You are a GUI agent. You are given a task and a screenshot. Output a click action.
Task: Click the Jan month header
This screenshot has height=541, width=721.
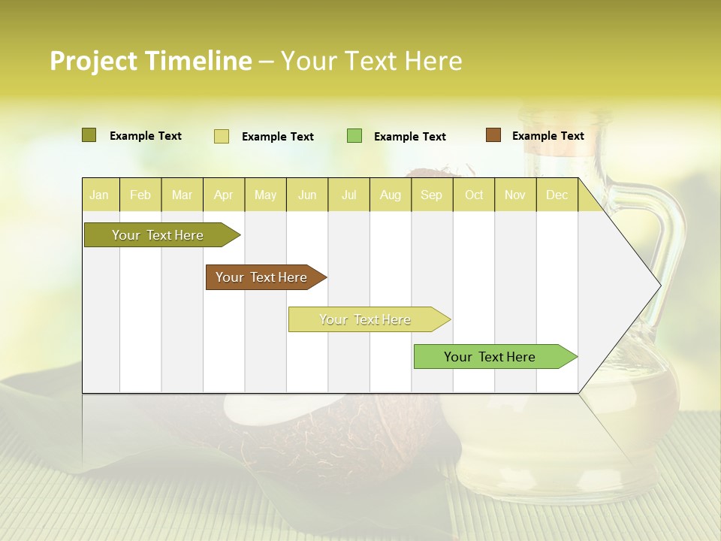click(x=99, y=195)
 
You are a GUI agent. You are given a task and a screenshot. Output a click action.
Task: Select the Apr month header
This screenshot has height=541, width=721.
click(x=224, y=195)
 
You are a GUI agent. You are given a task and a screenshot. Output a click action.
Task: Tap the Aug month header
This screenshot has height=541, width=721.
click(x=391, y=195)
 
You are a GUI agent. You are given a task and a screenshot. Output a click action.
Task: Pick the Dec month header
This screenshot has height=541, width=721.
click(x=557, y=195)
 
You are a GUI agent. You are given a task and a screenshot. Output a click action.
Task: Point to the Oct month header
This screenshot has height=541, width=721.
click(x=474, y=195)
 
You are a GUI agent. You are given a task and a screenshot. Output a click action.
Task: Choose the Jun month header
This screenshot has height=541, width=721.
click(x=307, y=195)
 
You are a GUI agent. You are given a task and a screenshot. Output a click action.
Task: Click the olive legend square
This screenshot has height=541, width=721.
click(x=89, y=135)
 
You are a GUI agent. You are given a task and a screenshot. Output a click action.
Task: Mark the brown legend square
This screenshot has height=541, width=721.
click(x=493, y=135)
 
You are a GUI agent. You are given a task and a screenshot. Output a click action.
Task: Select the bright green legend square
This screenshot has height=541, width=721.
click(x=354, y=135)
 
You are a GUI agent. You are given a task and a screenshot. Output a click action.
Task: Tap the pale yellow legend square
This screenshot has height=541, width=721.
click(x=222, y=136)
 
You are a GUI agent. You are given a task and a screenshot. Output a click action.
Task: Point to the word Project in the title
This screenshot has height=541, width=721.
click(x=94, y=61)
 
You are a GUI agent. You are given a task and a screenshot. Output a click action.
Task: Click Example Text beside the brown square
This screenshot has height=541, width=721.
click(x=548, y=136)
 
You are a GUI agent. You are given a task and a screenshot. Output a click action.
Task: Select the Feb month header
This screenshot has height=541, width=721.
click(x=140, y=195)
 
